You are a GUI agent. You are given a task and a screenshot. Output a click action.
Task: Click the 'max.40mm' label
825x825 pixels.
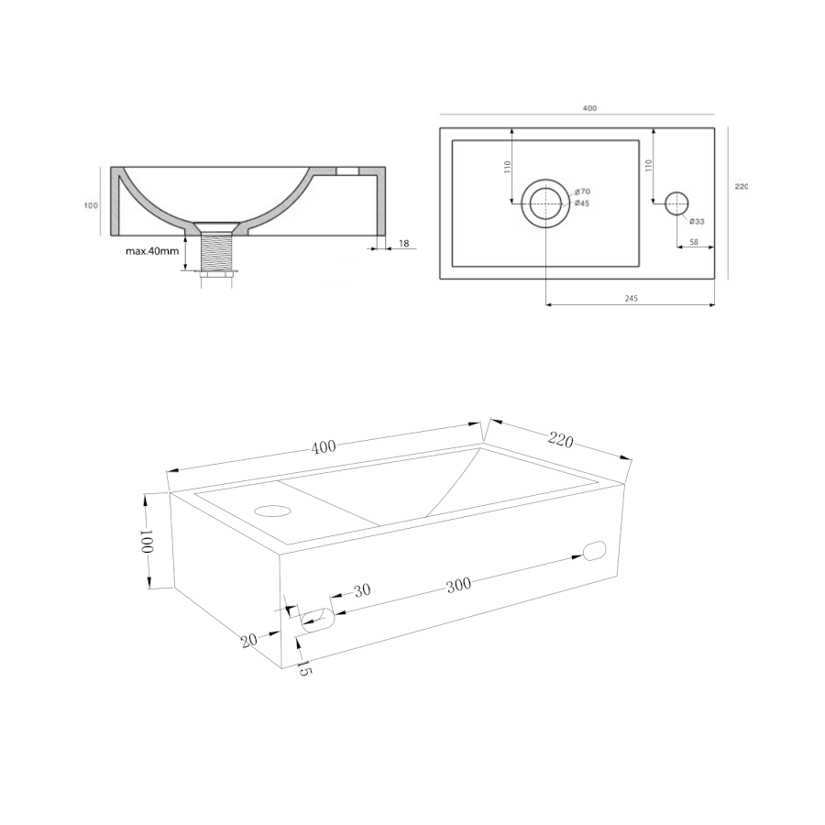(152, 251)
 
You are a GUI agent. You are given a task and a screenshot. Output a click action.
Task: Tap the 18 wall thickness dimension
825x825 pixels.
(404, 244)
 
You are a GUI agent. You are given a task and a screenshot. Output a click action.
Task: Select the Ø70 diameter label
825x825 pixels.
(582, 192)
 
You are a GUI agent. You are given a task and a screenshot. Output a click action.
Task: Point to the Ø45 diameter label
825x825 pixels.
(582, 203)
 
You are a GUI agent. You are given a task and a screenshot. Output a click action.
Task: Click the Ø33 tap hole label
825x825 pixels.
(697, 222)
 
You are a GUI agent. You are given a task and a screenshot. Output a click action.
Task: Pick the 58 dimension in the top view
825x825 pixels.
(694, 242)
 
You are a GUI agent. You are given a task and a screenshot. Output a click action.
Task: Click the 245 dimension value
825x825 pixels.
(632, 298)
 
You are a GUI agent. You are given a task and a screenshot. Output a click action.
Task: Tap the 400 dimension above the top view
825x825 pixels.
(589, 108)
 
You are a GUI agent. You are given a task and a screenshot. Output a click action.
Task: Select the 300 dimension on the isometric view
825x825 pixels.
(459, 586)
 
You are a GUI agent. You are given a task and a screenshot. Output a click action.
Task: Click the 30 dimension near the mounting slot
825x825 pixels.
(362, 591)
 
